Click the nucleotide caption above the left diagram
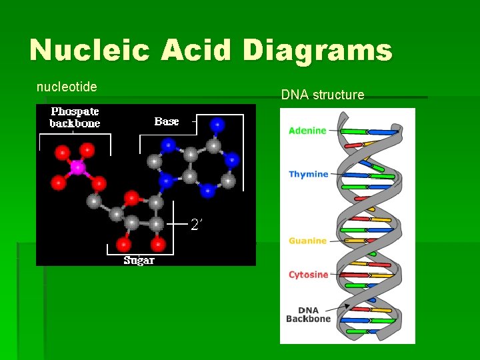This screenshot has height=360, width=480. (67, 87)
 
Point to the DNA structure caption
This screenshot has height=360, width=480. (323, 95)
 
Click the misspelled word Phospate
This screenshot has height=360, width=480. (75, 112)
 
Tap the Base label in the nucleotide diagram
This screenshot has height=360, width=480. (167, 121)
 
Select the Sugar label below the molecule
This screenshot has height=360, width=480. (139, 260)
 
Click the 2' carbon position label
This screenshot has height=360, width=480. (197, 225)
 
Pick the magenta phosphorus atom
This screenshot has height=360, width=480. (77, 168)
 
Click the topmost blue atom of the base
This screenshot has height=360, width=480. (217, 124)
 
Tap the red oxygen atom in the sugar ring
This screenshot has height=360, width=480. (132, 197)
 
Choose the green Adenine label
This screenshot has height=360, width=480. (307, 131)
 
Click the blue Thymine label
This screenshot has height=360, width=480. (308, 174)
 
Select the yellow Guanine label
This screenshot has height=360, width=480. (307, 241)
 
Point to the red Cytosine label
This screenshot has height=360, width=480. (308, 274)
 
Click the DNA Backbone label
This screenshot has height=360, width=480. (308, 315)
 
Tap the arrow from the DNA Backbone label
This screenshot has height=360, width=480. (340, 309)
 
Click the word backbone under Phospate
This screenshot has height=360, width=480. (75, 123)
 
